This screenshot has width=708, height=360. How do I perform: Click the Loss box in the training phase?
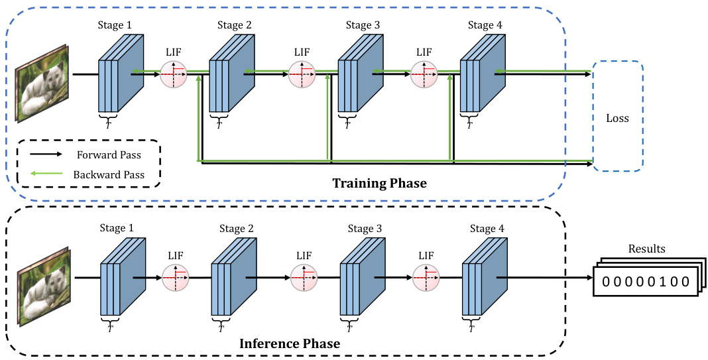(617, 118)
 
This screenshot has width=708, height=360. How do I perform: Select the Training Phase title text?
(379, 184)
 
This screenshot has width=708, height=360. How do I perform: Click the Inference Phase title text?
(288, 343)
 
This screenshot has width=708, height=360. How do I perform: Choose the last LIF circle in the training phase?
(424, 75)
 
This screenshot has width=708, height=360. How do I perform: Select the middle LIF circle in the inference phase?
(304, 278)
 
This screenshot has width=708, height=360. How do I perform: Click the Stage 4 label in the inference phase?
(487, 229)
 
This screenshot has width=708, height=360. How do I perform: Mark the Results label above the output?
(646, 249)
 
